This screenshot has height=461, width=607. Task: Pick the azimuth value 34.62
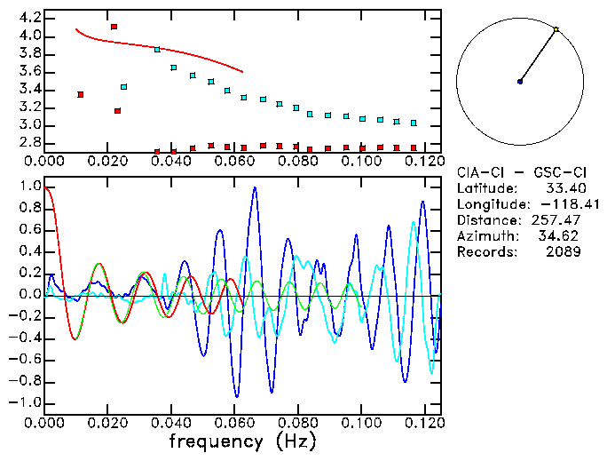click(563, 236)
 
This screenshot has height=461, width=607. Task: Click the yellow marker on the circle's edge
click(556, 30)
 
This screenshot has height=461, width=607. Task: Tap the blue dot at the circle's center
click(520, 82)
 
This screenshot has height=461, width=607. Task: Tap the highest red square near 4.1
click(114, 27)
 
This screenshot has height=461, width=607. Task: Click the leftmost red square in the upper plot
click(81, 94)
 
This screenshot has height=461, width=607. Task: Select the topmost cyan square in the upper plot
click(157, 50)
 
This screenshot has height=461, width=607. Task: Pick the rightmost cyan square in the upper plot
click(414, 123)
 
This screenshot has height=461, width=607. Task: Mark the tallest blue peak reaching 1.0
click(255, 188)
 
